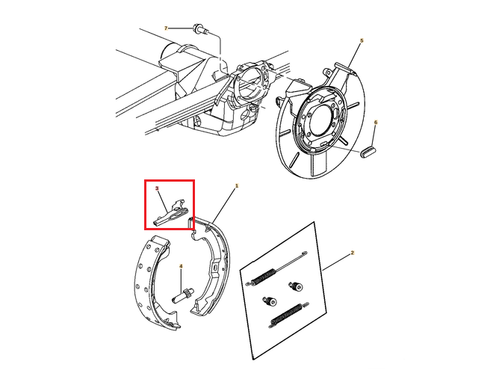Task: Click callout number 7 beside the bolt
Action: (x=166, y=28)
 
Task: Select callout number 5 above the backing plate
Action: (x=362, y=41)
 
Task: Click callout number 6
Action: (x=376, y=123)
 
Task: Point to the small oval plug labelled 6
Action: (x=368, y=152)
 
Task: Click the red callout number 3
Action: (x=157, y=188)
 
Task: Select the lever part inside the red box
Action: (x=170, y=213)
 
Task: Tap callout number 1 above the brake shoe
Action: (x=237, y=185)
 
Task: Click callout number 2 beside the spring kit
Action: (x=353, y=253)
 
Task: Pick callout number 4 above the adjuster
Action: (x=181, y=265)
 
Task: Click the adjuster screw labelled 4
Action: (x=183, y=295)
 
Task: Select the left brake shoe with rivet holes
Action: (x=155, y=283)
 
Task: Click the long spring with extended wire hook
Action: (x=276, y=268)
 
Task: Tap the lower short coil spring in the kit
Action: (x=289, y=315)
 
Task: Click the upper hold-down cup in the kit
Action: (x=297, y=286)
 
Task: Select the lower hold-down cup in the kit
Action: (x=270, y=300)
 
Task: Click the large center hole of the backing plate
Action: (x=320, y=120)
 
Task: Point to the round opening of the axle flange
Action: (x=249, y=84)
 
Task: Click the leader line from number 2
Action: (x=336, y=262)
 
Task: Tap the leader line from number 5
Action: (x=354, y=56)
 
